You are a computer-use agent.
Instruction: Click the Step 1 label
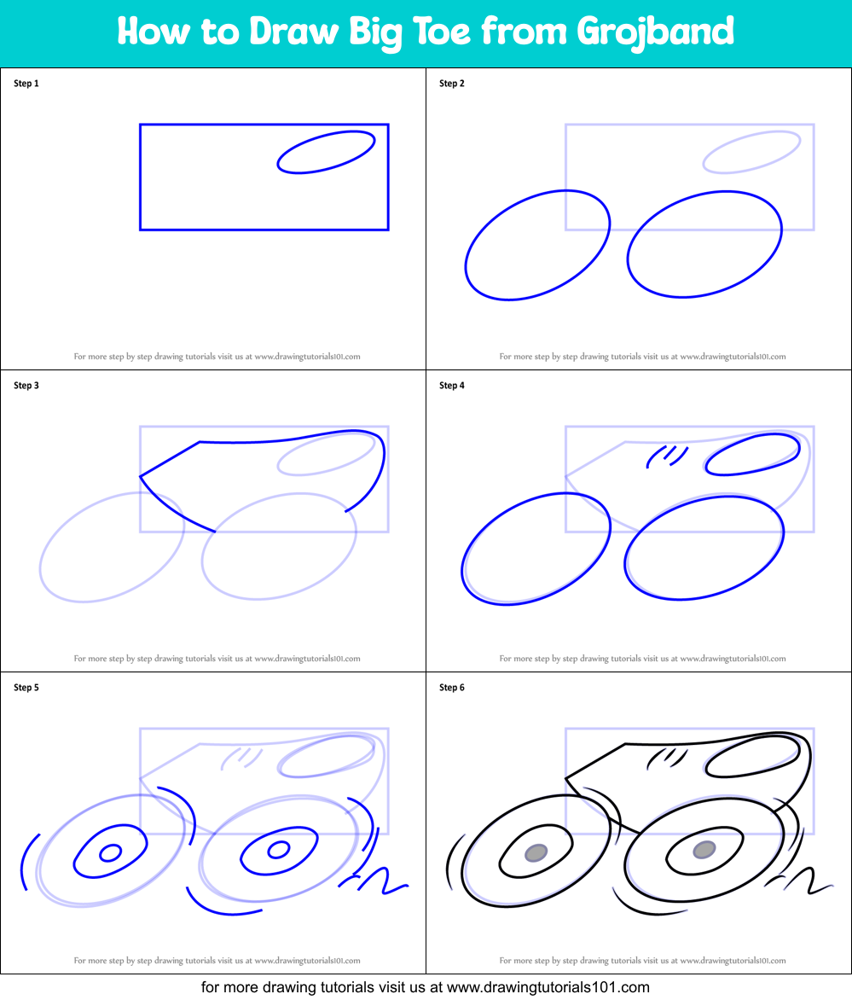[26, 84]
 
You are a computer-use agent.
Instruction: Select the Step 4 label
[452, 386]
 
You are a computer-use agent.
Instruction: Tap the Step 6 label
[452, 688]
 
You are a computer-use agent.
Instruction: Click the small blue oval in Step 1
[327, 152]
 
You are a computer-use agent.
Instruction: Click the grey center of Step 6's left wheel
[536, 852]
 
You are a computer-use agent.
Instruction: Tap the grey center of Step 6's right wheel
[704, 849]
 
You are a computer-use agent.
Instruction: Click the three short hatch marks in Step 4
[668, 455]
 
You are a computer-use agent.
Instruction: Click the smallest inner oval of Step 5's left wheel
[110, 852]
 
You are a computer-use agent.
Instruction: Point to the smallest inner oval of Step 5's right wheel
[278, 849]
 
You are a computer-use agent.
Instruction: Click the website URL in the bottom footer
[548, 987]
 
